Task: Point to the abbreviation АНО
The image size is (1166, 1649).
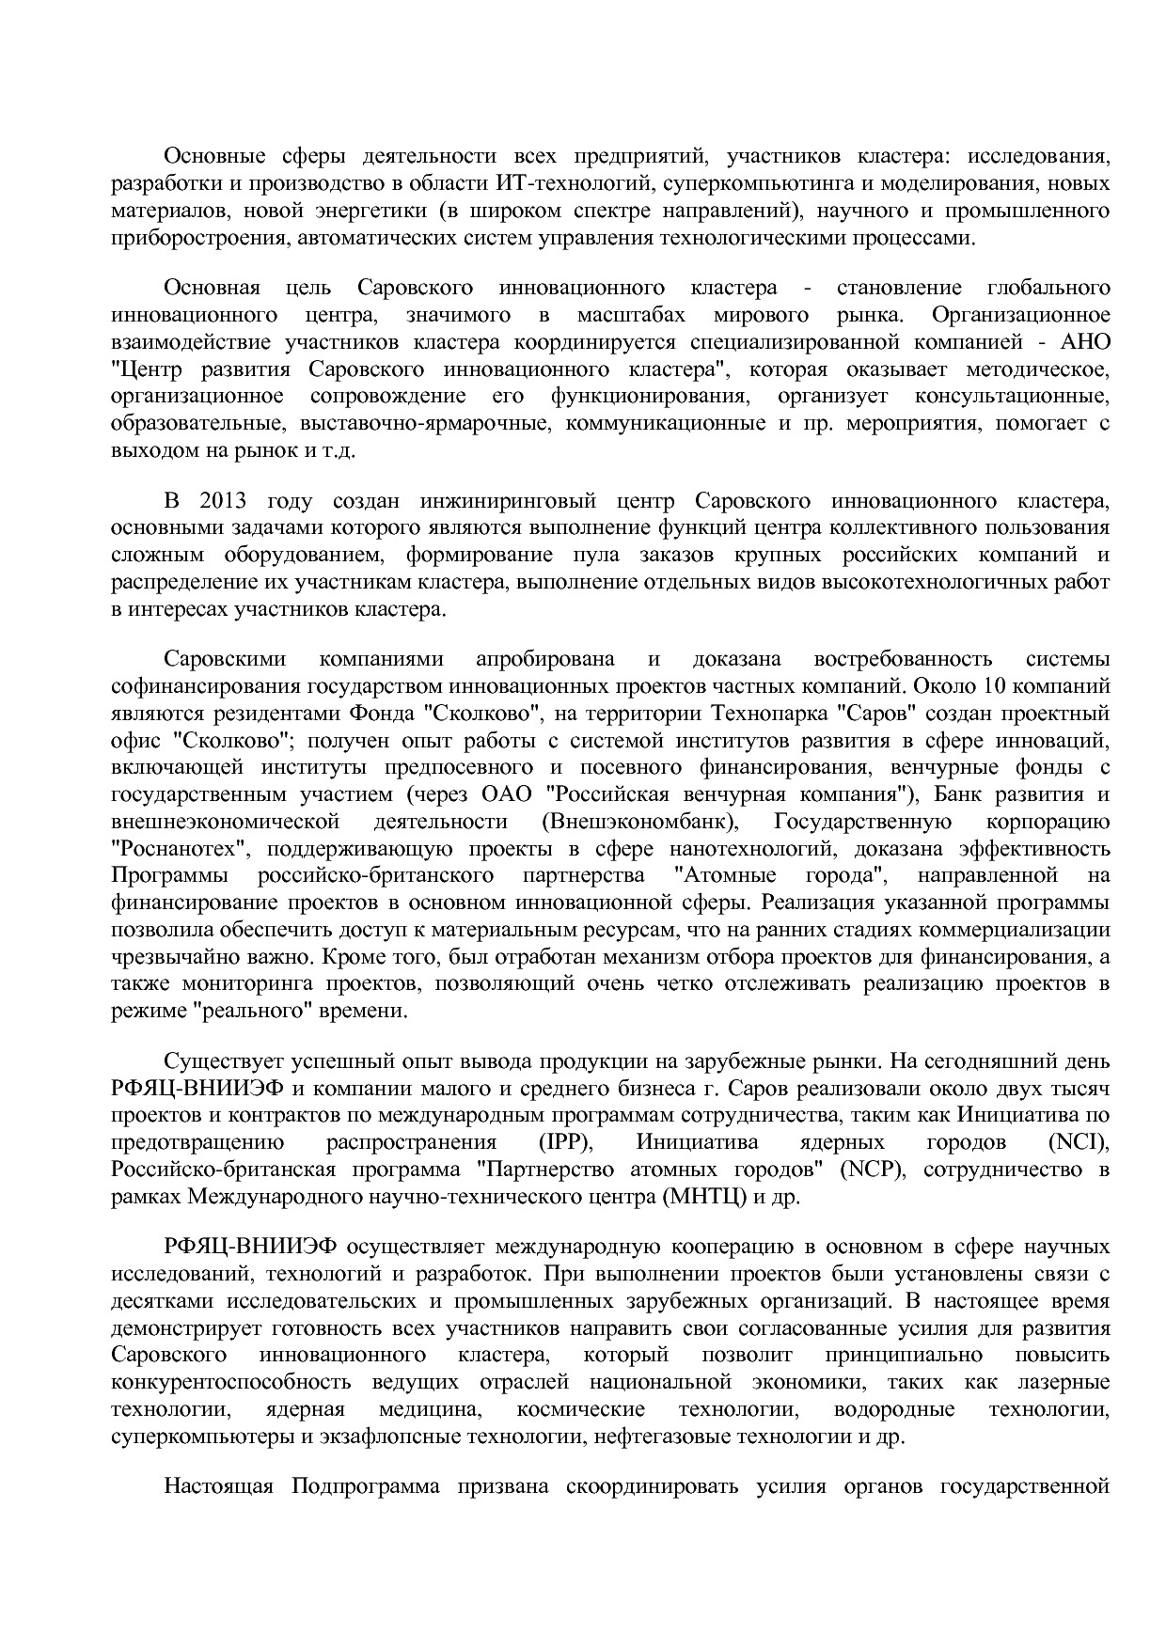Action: (1085, 341)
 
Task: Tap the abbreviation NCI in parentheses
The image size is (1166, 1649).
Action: (1077, 1142)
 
